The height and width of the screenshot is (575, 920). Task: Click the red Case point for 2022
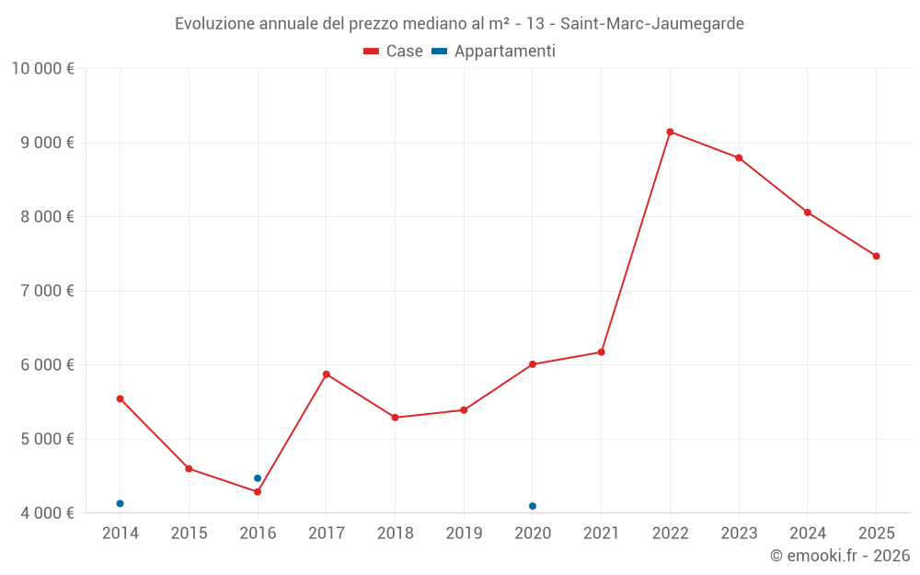click(x=670, y=132)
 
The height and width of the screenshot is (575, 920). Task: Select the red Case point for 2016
click(x=258, y=491)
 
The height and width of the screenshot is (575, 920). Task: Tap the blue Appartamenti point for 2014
click(x=120, y=503)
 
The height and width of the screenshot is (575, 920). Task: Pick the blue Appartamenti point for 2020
click(x=533, y=506)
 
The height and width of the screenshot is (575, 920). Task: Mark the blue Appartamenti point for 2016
click(x=258, y=478)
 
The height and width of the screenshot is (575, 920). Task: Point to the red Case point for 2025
click(x=876, y=256)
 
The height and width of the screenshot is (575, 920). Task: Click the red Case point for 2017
click(x=327, y=374)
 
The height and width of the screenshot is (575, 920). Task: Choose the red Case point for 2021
click(x=602, y=351)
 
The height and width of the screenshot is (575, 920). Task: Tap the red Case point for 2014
click(x=120, y=398)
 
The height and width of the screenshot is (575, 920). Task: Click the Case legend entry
click(x=394, y=52)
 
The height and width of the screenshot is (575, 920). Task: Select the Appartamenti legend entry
click(x=494, y=52)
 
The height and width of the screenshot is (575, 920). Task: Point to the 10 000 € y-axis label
click(x=42, y=69)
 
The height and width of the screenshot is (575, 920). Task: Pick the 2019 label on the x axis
click(x=464, y=534)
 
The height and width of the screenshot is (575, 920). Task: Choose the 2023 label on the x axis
click(x=739, y=534)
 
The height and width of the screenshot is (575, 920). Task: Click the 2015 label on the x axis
click(x=189, y=534)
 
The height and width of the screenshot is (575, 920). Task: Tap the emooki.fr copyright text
click(x=840, y=556)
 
